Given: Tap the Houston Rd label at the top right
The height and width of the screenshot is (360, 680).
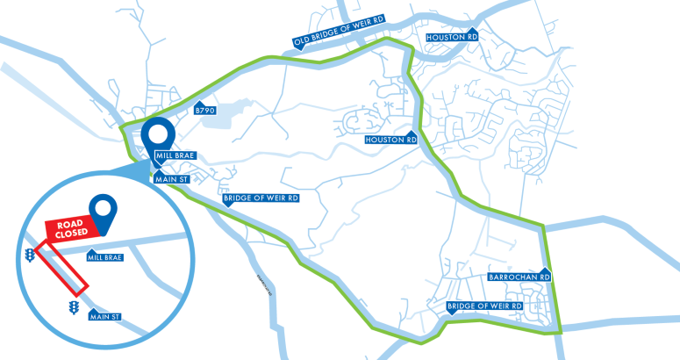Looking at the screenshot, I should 451,38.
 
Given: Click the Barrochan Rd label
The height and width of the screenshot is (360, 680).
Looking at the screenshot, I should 519,277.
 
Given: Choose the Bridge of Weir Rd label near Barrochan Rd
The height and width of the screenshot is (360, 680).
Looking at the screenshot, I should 484,306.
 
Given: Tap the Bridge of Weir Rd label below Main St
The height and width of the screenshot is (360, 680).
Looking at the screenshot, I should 261,198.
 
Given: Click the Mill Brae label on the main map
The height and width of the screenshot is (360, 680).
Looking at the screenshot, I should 173,155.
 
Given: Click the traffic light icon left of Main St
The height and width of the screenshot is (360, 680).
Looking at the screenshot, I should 73,307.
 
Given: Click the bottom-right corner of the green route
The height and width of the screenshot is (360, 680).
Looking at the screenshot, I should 560,332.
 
